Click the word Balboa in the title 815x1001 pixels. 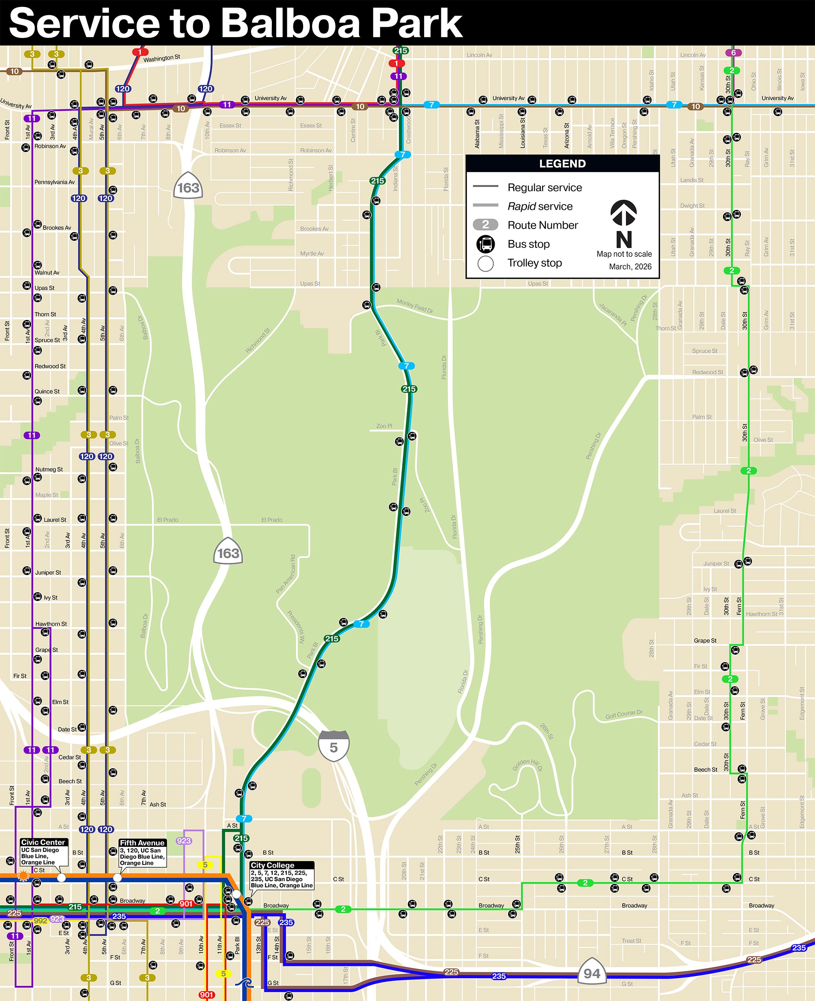290,24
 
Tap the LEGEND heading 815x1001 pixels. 562,163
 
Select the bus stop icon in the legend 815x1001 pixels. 485,244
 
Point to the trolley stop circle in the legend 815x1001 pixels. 485,263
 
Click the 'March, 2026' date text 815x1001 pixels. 630,266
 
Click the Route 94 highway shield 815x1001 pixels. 592,973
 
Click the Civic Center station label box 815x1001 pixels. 44,852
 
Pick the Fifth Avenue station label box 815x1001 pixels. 142,853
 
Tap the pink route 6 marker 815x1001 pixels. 733,53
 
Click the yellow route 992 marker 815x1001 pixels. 40,920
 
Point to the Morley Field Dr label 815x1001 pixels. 414,306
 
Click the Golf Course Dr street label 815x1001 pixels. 623,714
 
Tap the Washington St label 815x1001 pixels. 161,58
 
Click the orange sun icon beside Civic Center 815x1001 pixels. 23,875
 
